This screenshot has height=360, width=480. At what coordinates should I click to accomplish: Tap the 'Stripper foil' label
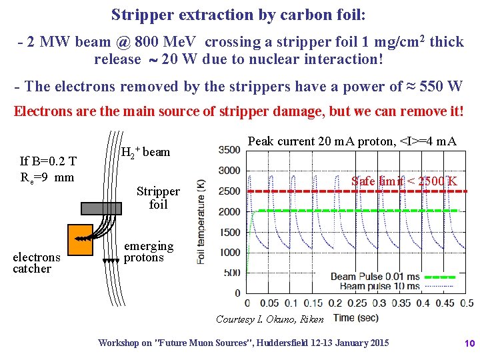tap(158, 198)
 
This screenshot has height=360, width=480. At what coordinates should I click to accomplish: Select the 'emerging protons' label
tap(149, 252)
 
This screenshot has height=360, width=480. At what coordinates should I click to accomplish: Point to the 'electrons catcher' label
tap(36, 263)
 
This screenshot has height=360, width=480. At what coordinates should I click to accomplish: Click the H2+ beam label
tap(146, 152)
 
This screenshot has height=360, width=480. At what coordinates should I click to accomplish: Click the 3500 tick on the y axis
tap(229, 149)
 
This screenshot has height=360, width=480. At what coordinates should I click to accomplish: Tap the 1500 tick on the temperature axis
tap(229, 232)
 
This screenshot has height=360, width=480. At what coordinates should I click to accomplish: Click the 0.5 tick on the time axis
tap(467, 303)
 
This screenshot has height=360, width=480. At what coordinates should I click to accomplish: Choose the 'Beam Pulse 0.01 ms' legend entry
tap(376, 277)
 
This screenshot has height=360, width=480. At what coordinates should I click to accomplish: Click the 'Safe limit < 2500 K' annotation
tap(404, 181)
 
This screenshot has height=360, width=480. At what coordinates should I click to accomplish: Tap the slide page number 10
tap(469, 343)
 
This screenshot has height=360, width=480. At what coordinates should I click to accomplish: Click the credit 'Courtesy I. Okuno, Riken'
tap(269, 319)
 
